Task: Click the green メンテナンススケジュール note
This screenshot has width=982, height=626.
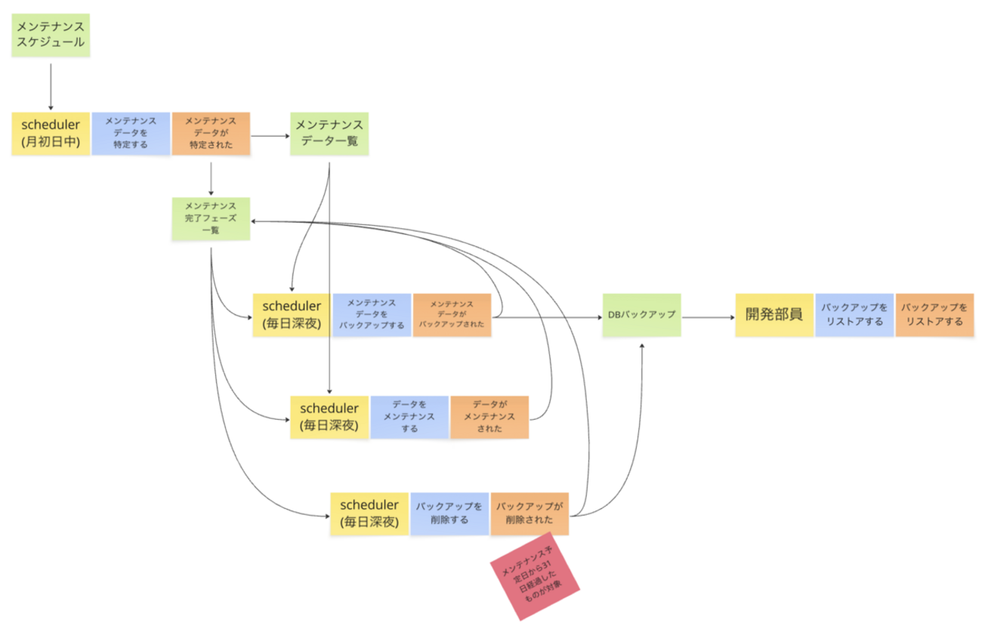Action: pyautogui.click(x=51, y=35)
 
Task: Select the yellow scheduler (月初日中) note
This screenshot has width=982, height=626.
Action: pyautogui.click(x=51, y=134)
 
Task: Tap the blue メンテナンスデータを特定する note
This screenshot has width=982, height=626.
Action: pyautogui.click(x=131, y=134)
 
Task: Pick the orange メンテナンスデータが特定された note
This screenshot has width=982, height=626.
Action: pyautogui.click(x=211, y=134)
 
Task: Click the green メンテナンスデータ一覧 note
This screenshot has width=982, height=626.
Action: pyautogui.click(x=329, y=134)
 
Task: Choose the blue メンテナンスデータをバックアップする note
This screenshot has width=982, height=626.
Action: pyautogui.click(x=372, y=315)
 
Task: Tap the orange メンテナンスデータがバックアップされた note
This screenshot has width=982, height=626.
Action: pyautogui.click(x=452, y=315)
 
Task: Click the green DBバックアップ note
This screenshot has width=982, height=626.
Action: pyautogui.click(x=641, y=315)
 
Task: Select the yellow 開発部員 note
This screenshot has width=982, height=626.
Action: pyautogui.click(x=774, y=315)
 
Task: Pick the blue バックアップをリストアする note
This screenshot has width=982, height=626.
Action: pyautogui.click(x=854, y=315)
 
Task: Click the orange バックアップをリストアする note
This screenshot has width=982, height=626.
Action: pyautogui.click(x=934, y=315)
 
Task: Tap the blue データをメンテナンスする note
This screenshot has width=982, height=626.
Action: pyautogui.click(x=409, y=417)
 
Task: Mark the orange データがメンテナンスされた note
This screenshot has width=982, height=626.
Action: pyautogui.click(x=489, y=417)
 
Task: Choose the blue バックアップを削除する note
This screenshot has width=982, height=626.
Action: pyautogui.click(x=449, y=513)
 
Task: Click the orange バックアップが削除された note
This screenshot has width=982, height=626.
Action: pyautogui.click(x=530, y=513)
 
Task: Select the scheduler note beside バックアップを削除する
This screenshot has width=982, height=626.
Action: pyautogui.click(x=369, y=513)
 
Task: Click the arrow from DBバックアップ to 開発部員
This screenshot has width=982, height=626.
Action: pyautogui.click(x=708, y=316)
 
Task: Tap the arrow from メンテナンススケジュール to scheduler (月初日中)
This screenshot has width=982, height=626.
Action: pyautogui.click(x=51, y=86)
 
